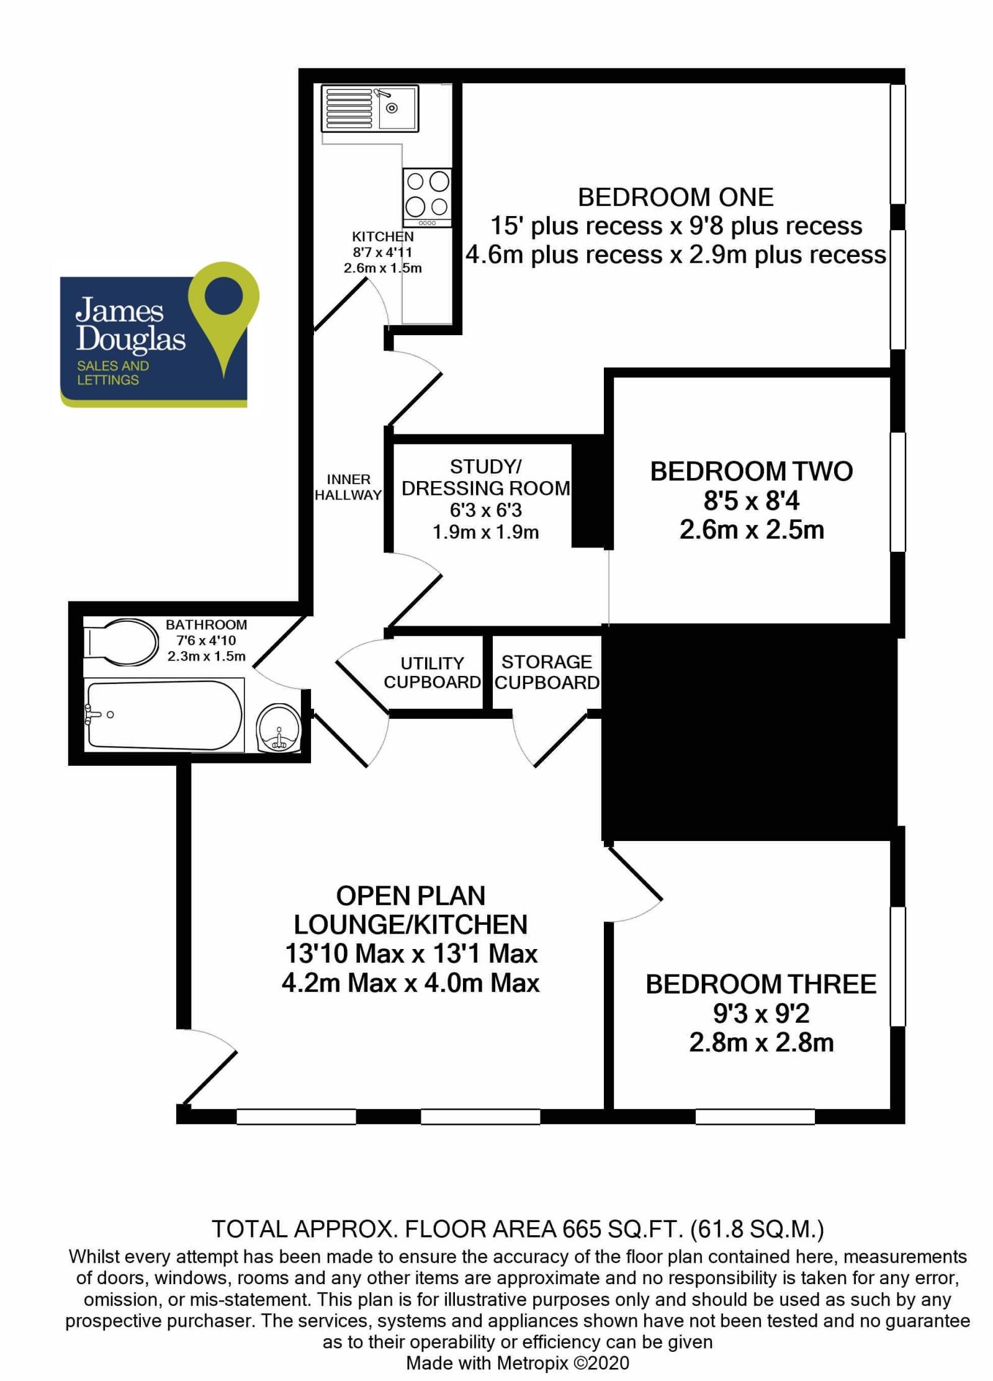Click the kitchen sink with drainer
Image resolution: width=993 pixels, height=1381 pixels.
coord(370,109)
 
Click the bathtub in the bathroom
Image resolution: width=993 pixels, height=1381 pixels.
coord(164,714)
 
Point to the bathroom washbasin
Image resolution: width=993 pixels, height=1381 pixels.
coord(279,728)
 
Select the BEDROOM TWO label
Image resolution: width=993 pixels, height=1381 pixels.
coord(751,472)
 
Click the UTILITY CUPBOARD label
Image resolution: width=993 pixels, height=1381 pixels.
coord(432,673)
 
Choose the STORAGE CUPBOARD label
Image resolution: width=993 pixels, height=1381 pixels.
coord(547,672)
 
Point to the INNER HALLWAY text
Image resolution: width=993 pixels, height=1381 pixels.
coord(348,487)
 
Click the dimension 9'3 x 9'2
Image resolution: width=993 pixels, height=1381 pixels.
coord(761,1014)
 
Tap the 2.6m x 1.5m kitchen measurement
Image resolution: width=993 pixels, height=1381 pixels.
coord(382,268)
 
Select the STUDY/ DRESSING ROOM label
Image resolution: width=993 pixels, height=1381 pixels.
coord(485,477)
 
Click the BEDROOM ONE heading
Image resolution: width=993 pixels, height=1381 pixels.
coord(675,197)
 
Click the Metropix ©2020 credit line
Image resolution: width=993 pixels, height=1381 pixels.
coord(517,1363)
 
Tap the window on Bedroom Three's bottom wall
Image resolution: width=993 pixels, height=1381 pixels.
coord(755,1117)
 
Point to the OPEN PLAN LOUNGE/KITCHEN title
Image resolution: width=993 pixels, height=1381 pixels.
coord(410,911)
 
